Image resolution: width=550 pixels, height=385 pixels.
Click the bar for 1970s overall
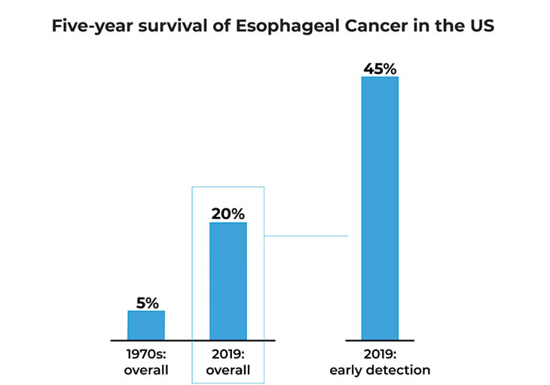click(146, 325)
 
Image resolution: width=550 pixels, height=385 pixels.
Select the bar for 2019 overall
click(228, 281)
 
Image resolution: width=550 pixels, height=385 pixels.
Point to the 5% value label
click(147, 303)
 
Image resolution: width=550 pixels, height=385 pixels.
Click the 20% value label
click(228, 214)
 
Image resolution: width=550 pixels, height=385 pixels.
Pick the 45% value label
click(380, 69)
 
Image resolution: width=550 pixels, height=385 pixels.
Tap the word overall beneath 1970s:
click(146, 370)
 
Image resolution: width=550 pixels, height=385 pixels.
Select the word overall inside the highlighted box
click(228, 370)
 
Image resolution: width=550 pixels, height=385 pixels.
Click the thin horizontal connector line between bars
click(306, 236)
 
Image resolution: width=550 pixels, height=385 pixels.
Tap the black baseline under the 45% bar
click(380, 341)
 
